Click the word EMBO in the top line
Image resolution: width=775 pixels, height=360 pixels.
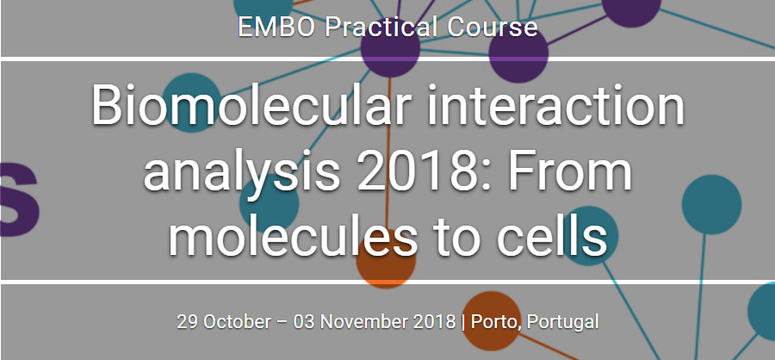(276, 28)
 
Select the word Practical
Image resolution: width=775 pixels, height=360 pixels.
(381, 28)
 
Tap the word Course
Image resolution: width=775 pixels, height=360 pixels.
(493, 28)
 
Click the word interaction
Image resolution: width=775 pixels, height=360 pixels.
(555, 105)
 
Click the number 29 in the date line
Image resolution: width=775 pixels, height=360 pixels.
(188, 322)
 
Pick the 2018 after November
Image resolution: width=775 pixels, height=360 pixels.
(435, 322)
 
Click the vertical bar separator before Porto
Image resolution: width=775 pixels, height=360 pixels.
(463, 322)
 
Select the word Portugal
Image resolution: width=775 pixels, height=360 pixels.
(563, 322)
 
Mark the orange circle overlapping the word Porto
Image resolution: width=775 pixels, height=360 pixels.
(491, 321)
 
